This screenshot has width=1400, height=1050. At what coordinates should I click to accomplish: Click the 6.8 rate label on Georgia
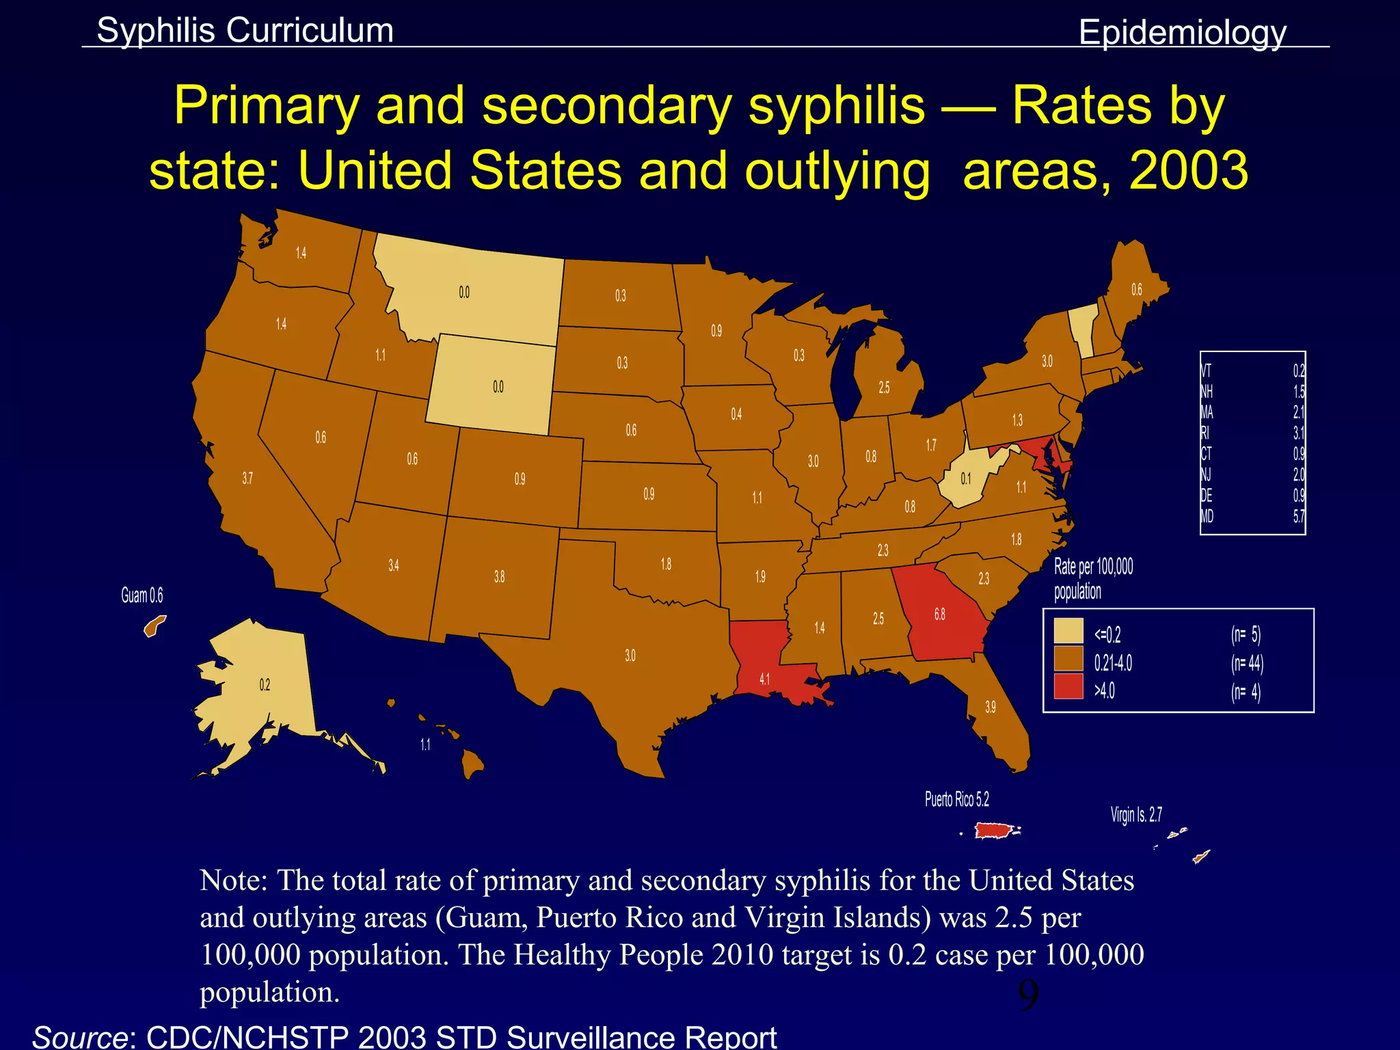click(x=940, y=615)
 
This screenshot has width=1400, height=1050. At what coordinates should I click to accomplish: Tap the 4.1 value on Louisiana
click(x=764, y=679)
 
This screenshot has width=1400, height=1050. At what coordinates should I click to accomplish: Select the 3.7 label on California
click(x=247, y=479)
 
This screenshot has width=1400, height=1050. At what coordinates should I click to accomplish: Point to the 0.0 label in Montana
click(x=464, y=293)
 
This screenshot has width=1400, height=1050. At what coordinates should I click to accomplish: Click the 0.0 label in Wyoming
click(x=498, y=387)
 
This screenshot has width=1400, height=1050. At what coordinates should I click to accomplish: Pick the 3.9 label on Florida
click(x=991, y=707)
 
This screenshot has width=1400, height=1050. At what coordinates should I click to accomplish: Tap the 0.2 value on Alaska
click(x=265, y=685)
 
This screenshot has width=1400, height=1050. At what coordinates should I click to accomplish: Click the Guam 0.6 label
click(x=142, y=595)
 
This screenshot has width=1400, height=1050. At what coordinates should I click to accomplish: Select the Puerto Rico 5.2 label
click(x=956, y=799)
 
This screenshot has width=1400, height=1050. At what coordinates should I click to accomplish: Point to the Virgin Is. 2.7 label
click(x=1135, y=815)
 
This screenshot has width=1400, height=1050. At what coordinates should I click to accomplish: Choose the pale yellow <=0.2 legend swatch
click(x=1068, y=631)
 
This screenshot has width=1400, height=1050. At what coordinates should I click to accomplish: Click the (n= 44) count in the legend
click(x=1247, y=663)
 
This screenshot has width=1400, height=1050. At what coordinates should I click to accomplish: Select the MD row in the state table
click(x=1252, y=517)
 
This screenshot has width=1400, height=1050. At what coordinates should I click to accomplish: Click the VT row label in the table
click(x=1206, y=371)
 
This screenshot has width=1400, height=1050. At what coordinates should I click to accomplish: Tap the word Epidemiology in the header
click(x=1182, y=32)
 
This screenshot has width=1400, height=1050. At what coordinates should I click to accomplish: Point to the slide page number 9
click(x=1027, y=995)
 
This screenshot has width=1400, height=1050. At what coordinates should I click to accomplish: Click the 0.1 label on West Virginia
click(x=965, y=479)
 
